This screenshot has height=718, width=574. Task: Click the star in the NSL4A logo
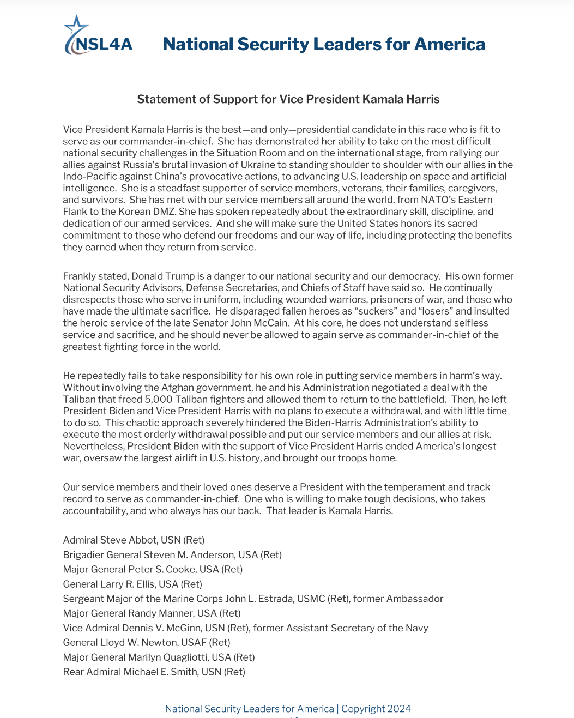tap(76, 26)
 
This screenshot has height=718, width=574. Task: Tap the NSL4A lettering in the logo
tap(104, 45)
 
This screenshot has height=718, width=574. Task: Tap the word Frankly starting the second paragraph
tap(79, 276)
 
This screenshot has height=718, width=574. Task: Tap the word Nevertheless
tap(93, 447)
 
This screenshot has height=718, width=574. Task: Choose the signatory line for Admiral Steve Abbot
tap(134, 540)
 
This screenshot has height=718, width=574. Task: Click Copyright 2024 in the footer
tap(376, 709)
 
